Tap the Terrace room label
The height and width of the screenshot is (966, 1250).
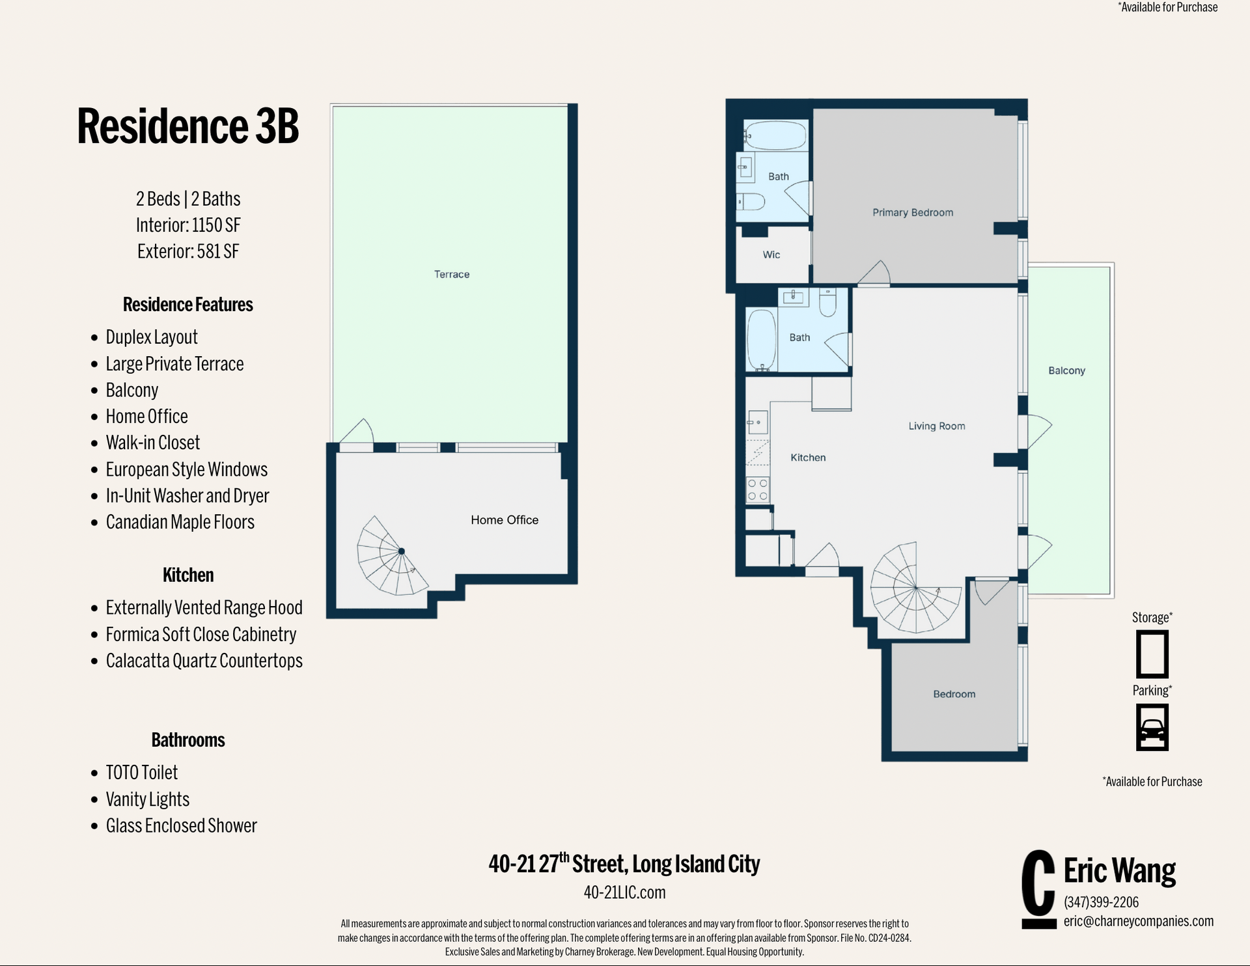[x=452, y=275]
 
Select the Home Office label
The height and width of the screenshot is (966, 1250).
[x=505, y=520]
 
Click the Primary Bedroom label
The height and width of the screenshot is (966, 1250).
[x=913, y=213]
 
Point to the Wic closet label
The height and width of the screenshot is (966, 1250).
[x=771, y=255]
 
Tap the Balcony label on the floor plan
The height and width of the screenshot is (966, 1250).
[x=1066, y=371]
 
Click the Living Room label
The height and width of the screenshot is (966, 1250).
[x=937, y=426]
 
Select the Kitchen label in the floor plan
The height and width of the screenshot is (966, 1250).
[x=808, y=458]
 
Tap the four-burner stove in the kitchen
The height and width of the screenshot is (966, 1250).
[x=758, y=490]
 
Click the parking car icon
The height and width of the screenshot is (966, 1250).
[x=1152, y=727]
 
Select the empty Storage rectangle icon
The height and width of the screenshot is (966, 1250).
[x=1152, y=654]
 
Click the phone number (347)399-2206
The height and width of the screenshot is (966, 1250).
[x=1102, y=902]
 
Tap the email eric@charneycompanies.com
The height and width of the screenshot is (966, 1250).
[x=1139, y=922]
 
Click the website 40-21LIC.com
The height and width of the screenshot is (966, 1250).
[x=625, y=892]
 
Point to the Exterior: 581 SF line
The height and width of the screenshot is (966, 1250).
[x=188, y=251]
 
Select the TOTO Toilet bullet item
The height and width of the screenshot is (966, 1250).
[x=135, y=773]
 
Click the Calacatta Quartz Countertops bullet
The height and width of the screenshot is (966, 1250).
[x=197, y=661]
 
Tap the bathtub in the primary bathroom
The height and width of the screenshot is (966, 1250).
[x=775, y=136]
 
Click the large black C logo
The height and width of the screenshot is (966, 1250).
[x=1038, y=889]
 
